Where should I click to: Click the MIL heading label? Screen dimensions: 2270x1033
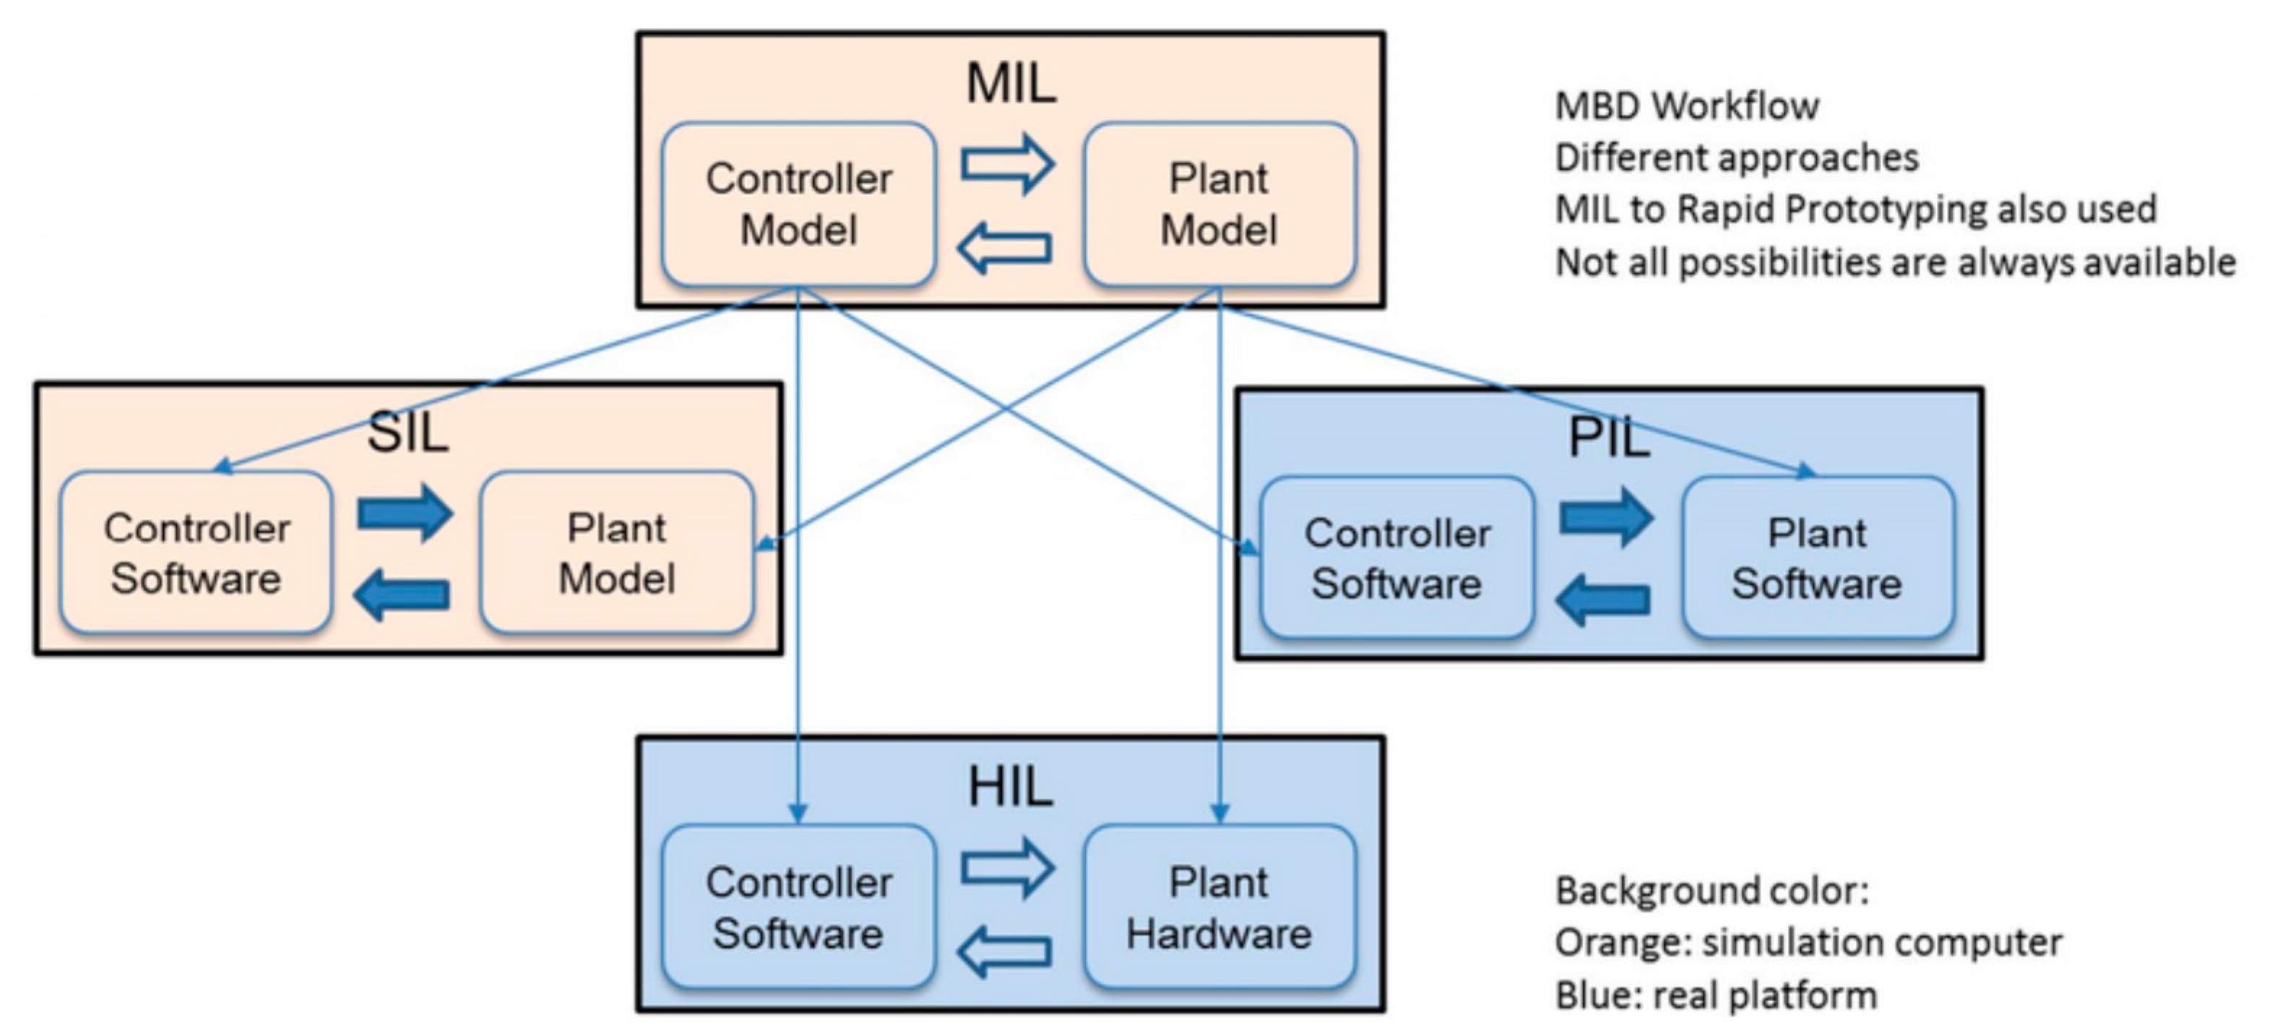pos(1011,83)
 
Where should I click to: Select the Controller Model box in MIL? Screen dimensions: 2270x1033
pos(798,204)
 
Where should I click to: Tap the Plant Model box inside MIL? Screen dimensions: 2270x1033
pos(1220,204)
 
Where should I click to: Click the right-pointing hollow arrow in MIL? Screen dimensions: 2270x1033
pos(1007,163)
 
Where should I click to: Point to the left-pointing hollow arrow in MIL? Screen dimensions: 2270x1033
pos(1004,248)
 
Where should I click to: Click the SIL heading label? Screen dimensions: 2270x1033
pos(407,433)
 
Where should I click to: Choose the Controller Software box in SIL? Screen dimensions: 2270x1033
pos(196,553)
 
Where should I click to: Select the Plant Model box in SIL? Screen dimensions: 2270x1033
pos(617,553)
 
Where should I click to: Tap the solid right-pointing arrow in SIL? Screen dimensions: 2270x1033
pos(405,512)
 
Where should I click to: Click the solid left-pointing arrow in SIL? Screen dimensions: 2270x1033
pos(402,594)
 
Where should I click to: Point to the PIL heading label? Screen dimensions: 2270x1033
pos(1609,437)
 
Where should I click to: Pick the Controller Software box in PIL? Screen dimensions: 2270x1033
pos(1397,557)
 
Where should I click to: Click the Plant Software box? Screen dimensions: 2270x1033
pos(1818,557)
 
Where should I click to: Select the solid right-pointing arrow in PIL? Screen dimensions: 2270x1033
pos(1607,517)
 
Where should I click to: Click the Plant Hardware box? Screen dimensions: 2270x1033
pos(1220,907)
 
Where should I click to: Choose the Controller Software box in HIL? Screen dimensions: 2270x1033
pos(798,907)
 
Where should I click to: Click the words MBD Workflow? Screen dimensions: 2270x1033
pos(1687,105)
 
